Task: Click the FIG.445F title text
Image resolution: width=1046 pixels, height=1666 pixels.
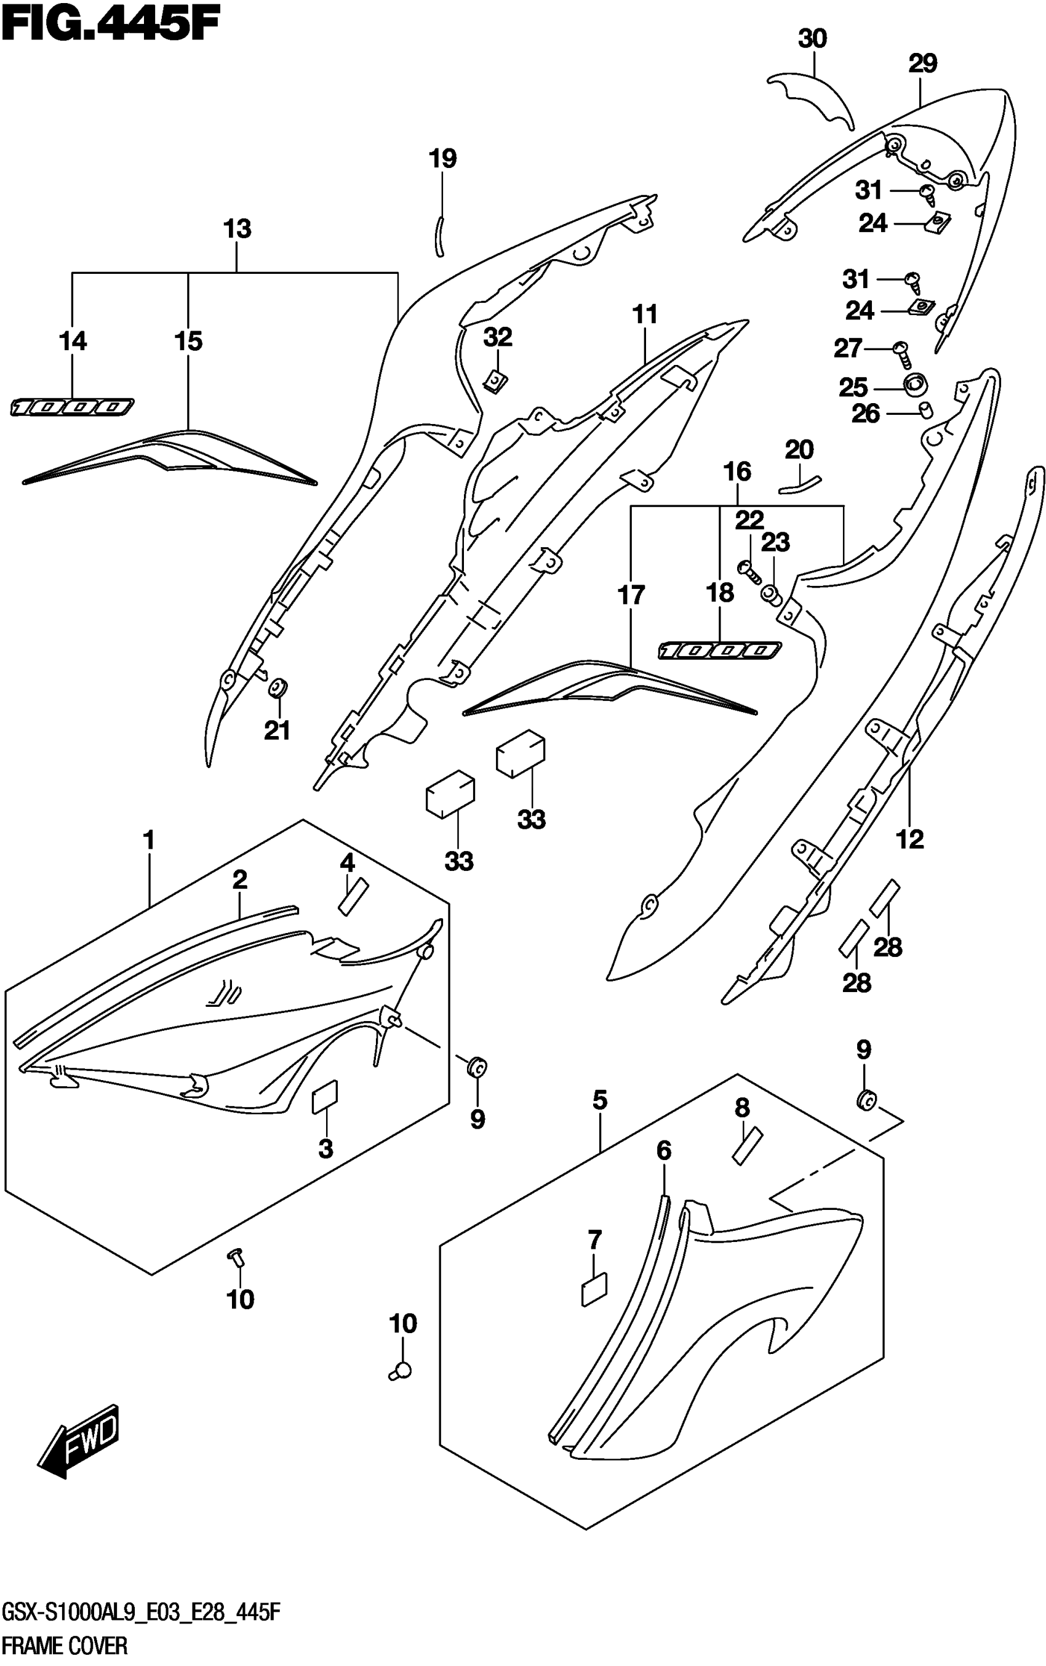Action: coord(111,27)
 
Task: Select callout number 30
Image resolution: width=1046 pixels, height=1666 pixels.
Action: coord(812,39)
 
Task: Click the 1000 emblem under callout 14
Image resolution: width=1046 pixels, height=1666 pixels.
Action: coord(72,407)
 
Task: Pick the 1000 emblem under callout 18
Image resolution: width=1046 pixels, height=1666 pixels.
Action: coord(719,651)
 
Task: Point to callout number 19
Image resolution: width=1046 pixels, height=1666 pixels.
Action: coord(443,159)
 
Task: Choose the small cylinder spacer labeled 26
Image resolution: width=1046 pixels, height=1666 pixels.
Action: coord(925,411)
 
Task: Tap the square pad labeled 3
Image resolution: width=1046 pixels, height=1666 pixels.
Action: coord(324,1097)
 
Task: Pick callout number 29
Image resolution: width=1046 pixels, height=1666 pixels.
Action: coord(922,63)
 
